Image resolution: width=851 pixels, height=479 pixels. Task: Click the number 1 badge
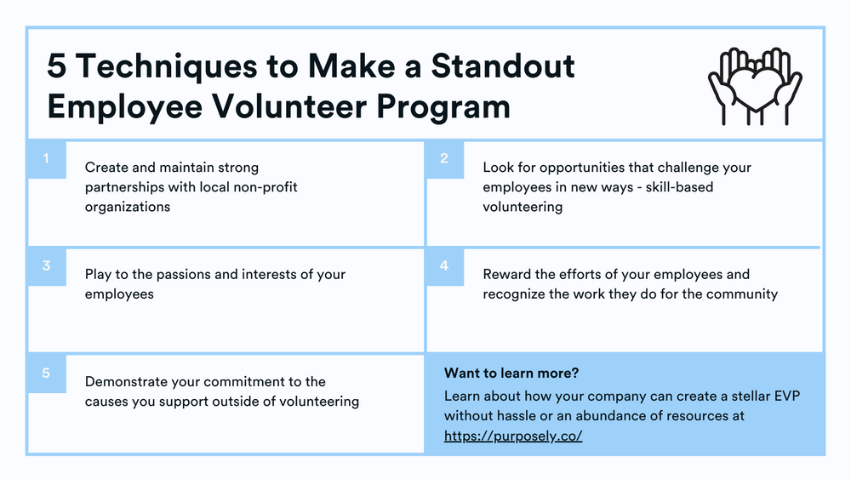pyautogui.click(x=47, y=159)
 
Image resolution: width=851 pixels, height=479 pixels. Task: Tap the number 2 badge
pyautogui.click(x=444, y=159)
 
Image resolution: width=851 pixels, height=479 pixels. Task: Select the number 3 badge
pyautogui.click(x=47, y=266)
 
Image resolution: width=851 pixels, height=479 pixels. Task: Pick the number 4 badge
pyautogui.click(x=444, y=266)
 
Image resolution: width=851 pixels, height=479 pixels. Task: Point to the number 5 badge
pyautogui.click(x=47, y=374)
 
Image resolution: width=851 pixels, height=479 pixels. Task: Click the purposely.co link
pyautogui.click(x=513, y=436)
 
